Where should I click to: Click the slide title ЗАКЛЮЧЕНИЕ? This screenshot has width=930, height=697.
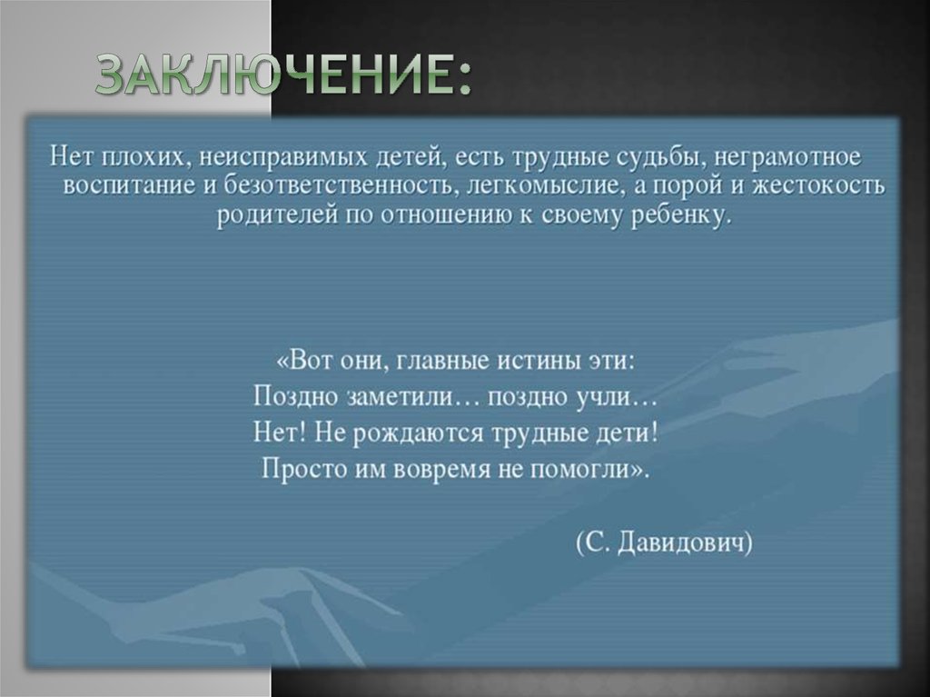click(283, 75)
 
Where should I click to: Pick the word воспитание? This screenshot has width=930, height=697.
click(119, 186)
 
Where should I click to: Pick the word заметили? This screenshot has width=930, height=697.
click(402, 396)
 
